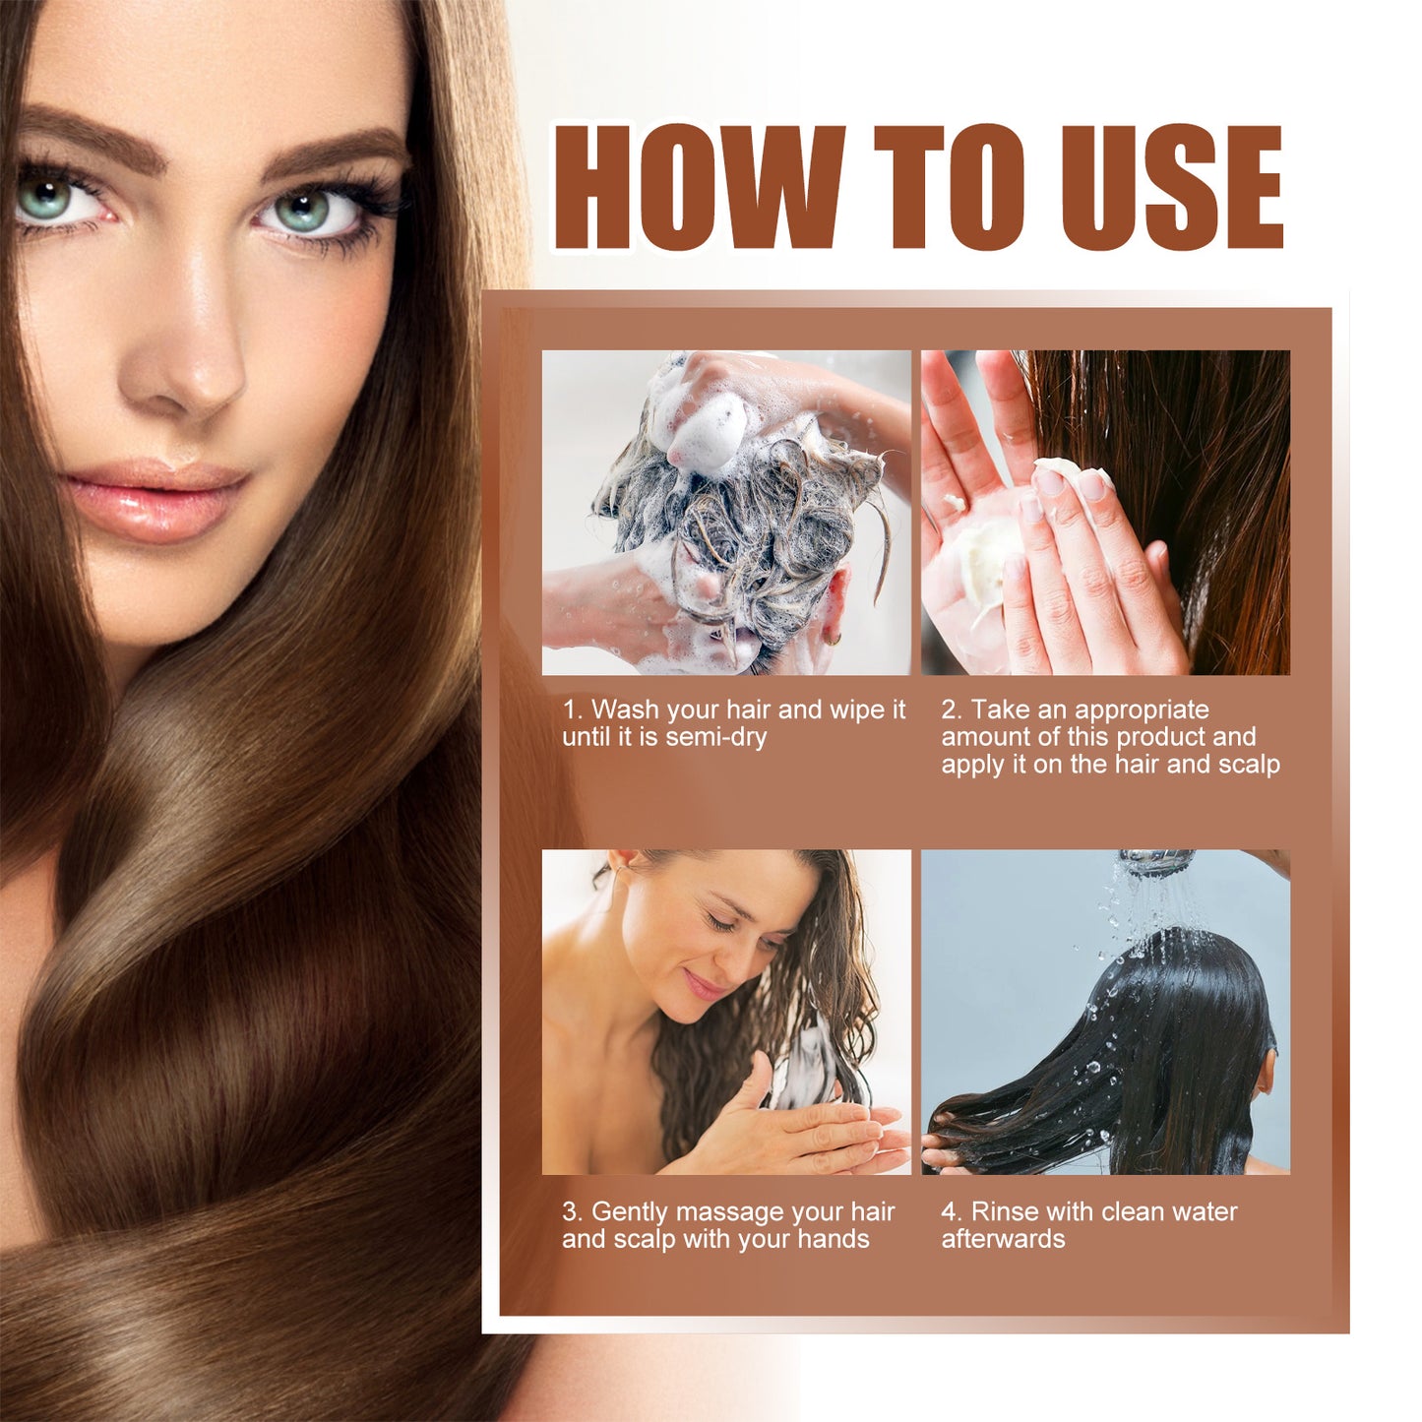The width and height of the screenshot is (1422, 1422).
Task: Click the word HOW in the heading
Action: (699, 187)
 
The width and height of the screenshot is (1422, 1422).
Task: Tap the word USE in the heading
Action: (1171, 187)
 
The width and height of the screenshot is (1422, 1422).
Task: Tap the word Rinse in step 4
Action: (1005, 1211)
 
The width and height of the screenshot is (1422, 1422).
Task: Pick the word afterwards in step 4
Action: (1003, 1239)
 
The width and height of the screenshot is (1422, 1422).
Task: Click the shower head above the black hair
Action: (1156, 862)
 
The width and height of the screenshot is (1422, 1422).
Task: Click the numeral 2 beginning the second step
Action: (949, 710)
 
